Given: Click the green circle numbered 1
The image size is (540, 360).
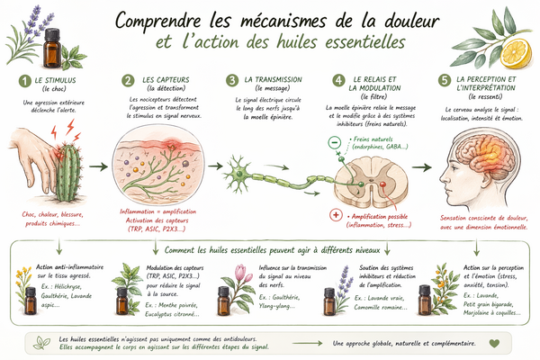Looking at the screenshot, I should pyautogui.click(x=27, y=81).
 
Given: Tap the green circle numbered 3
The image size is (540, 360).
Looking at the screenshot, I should pyautogui.click(x=233, y=81).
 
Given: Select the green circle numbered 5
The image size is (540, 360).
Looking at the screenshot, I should pyautogui.click(x=445, y=81).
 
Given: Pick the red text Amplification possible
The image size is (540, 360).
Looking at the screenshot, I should pyautogui.click(x=378, y=217).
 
